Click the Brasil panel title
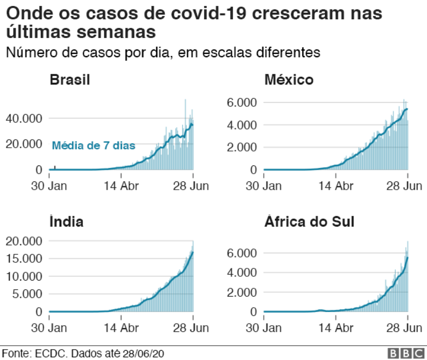(x=70, y=80)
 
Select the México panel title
(x=289, y=80)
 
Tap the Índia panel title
(x=66, y=222)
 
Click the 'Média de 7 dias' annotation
(x=93, y=146)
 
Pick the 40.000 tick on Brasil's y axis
(x=24, y=118)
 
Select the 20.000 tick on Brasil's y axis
(x=24, y=144)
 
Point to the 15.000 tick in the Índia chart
(x=24, y=259)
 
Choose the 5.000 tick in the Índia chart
(x=27, y=294)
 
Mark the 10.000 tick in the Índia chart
(x=24, y=276)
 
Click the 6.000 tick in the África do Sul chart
(x=242, y=253)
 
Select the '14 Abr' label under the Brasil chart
(x=121, y=186)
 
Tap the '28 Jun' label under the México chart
(x=407, y=186)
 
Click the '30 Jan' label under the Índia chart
(x=49, y=328)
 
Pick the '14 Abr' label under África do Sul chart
(x=336, y=328)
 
